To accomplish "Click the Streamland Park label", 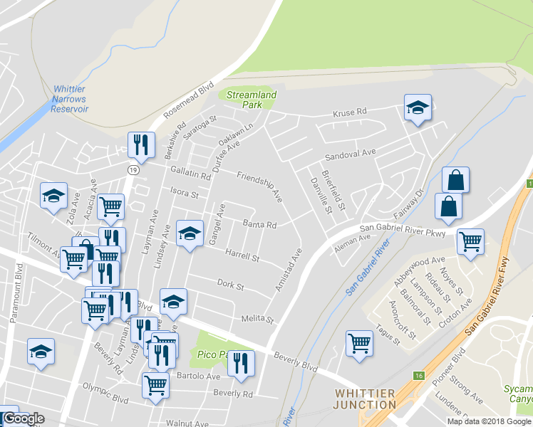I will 251,99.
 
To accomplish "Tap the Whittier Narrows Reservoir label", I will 71,99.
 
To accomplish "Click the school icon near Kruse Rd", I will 418,108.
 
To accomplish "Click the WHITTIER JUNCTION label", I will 365,399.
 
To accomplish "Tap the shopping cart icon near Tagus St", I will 360,343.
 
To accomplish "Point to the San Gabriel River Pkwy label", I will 403,230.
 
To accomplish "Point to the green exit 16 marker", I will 417,374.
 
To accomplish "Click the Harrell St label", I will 242,254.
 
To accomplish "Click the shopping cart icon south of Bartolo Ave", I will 155,386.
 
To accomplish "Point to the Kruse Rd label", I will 349,112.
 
